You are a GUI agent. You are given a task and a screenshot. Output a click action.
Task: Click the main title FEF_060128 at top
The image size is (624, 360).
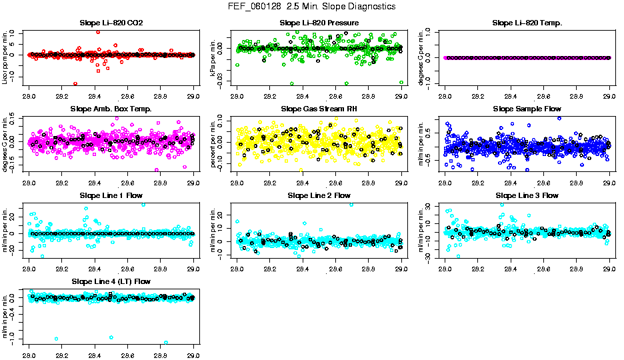(x=311, y=7)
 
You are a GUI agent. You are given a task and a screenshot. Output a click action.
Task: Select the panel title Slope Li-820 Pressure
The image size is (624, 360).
(x=319, y=23)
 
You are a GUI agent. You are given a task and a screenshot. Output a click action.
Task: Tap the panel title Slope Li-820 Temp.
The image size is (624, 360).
(x=527, y=23)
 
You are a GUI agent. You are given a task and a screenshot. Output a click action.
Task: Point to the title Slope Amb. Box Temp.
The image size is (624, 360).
(x=111, y=109)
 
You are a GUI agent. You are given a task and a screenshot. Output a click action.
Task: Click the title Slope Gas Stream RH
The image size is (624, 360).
(x=319, y=109)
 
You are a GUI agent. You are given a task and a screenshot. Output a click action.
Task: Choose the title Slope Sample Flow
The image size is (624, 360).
(x=527, y=109)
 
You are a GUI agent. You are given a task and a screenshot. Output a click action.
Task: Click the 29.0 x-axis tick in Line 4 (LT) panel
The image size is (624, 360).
(x=193, y=347)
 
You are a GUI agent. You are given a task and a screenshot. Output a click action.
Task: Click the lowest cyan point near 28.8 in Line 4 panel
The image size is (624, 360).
(x=165, y=343)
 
